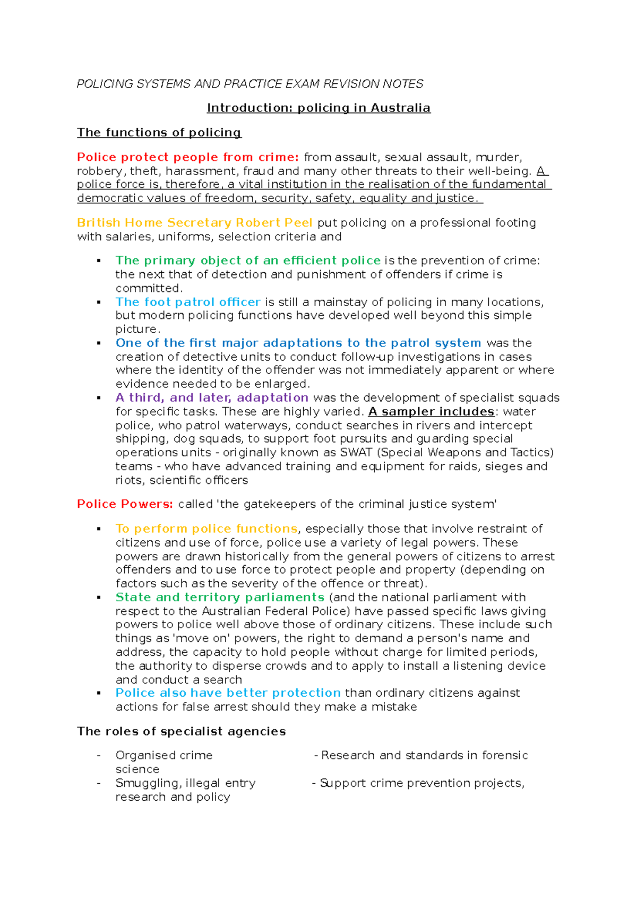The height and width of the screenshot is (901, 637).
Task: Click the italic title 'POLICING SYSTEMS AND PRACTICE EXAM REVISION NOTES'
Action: [249, 84]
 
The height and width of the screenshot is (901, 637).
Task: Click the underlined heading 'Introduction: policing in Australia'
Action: [318, 108]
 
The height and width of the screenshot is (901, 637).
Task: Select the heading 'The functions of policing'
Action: [159, 133]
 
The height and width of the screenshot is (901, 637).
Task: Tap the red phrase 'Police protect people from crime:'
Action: [188, 158]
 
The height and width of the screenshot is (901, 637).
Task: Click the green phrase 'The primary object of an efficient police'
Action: [248, 261]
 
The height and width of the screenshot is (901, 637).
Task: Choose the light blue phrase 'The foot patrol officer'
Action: [188, 302]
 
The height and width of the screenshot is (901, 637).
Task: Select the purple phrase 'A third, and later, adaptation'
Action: [212, 398]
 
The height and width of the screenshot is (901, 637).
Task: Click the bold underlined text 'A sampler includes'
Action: [431, 412]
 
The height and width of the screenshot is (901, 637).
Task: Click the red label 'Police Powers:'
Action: [125, 504]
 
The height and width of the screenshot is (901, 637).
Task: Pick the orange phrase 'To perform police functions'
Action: [206, 529]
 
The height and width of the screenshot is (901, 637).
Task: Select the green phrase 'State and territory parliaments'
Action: [220, 597]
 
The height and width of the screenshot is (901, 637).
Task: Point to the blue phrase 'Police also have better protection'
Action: [228, 693]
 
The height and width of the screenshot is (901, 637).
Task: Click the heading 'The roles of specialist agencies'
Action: [181, 732]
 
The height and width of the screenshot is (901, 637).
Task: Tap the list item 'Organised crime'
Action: [164, 756]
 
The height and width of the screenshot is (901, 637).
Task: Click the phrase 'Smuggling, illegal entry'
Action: [185, 783]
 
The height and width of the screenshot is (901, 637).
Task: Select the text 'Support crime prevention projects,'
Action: [422, 783]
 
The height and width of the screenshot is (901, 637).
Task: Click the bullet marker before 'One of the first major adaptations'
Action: [99, 343]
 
